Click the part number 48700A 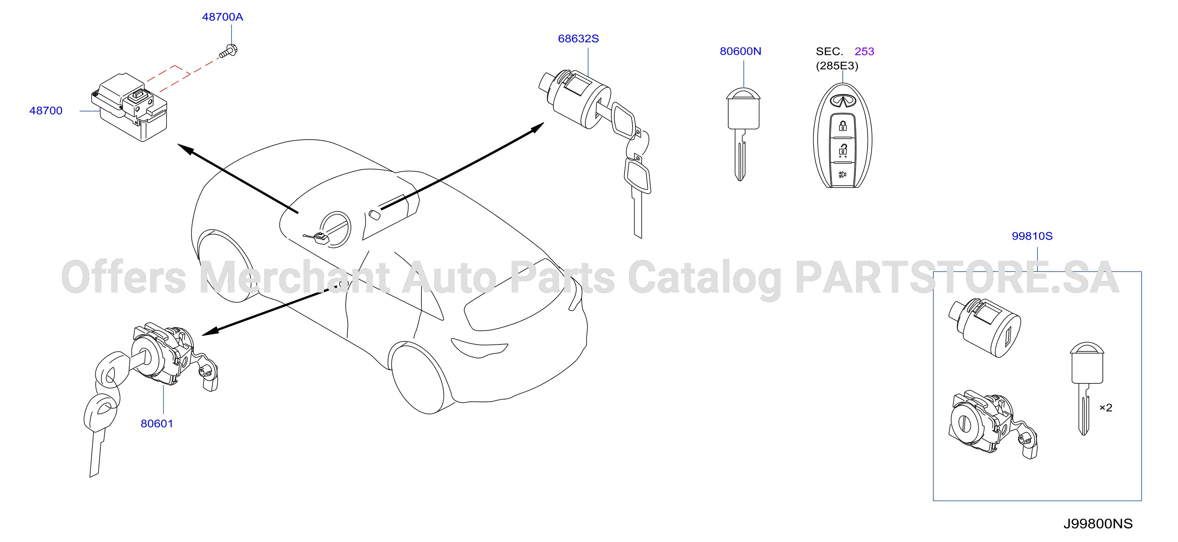pos(222,17)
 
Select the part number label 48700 pos(46,111)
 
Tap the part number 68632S pos(578,39)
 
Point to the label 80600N pos(741,51)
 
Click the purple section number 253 pos(864,51)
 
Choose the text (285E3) pos(837,66)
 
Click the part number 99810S pos(1032,236)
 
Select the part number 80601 pos(157,424)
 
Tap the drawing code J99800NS pos(1098,524)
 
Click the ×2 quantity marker pos(1106,408)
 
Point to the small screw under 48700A pos(228,51)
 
